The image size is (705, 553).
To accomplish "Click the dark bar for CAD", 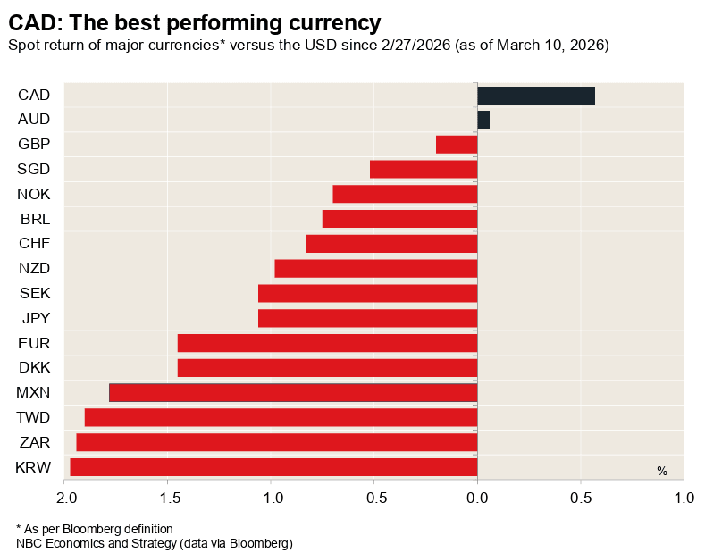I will click(536, 96).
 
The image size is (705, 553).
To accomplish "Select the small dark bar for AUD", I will click(483, 120).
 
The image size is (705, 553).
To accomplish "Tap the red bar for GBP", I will click(457, 145).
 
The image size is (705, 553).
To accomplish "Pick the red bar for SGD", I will click(424, 170).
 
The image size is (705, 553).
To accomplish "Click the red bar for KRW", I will click(273, 466).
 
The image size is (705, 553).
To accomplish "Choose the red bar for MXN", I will click(293, 392).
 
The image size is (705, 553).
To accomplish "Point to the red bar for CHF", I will click(391, 244).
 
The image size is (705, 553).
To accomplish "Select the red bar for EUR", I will click(327, 343).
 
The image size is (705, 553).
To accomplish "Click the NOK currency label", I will click(34, 194).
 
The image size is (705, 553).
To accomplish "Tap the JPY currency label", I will click(35, 317).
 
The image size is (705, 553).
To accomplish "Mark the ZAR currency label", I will click(35, 441).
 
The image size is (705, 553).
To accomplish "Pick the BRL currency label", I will click(35, 219).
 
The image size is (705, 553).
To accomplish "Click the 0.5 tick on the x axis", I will click(581, 498).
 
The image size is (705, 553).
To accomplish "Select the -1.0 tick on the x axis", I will click(271, 498).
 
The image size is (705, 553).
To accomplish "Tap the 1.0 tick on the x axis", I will click(684, 498).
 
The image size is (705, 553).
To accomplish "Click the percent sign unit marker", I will click(662, 471).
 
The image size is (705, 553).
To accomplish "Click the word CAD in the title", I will click(29, 22).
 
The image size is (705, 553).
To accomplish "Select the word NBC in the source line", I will click(29, 542).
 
